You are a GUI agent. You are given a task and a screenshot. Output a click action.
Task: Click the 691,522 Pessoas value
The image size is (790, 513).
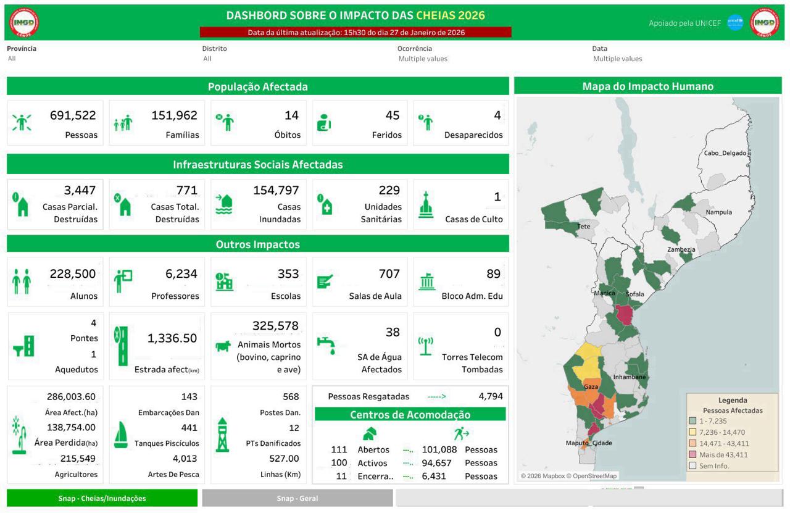pyautogui.click(x=73, y=115)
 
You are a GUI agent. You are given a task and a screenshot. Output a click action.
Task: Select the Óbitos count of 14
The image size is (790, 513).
pyautogui.click(x=291, y=115)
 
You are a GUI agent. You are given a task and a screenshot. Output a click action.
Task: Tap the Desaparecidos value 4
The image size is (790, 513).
pyautogui.click(x=497, y=115)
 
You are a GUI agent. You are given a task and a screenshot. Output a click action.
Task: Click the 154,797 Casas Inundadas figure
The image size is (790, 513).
pyautogui.click(x=276, y=191)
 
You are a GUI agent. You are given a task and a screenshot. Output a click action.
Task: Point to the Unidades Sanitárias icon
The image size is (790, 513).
pyautogui.click(x=325, y=204)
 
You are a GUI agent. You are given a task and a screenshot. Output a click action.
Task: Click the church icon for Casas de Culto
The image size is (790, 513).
pyautogui.click(x=426, y=204)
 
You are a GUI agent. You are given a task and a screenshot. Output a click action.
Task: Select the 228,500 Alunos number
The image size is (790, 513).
pyautogui.click(x=73, y=274)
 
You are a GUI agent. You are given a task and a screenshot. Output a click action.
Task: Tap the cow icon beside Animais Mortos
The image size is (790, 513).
pyautogui.click(x=223, y=346)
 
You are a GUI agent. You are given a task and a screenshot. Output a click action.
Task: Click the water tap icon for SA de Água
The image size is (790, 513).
pyautogui.click(x=325, y=344)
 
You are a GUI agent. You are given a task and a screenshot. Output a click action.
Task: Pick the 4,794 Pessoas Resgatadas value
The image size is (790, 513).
pyautogui.click(x=491, y=396)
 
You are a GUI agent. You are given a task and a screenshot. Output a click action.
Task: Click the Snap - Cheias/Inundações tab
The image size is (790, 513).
pyautogui.click(x=102, y=498)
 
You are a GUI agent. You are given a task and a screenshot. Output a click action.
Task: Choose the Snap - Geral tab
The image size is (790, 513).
pyautogui.click(x=297, y=498)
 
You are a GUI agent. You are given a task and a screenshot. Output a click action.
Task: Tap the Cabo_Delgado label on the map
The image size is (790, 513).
pyautogui.click(x=725, y=153)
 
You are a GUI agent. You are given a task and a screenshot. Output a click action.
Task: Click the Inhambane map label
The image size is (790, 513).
pyautogui.click(x=629, y=377)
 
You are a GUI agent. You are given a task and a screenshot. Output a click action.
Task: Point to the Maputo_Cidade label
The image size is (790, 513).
pyautogui.click(x=589, y=443)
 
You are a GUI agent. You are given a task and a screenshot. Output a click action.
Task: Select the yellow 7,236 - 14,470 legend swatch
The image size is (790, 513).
pyautogui.click(x=692, y=432)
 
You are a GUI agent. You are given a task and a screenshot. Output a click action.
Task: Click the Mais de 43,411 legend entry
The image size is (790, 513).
pyautogui.click(x=723, y=454)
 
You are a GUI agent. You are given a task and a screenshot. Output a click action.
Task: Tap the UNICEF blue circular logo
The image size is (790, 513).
pyautogui.click(x=735, y=23)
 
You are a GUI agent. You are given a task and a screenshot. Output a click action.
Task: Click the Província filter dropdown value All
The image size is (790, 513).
pyautogui.click(x=12, y=59)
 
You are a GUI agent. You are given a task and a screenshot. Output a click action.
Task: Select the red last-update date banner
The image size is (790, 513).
pyautogui.click(x=355, y=32)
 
